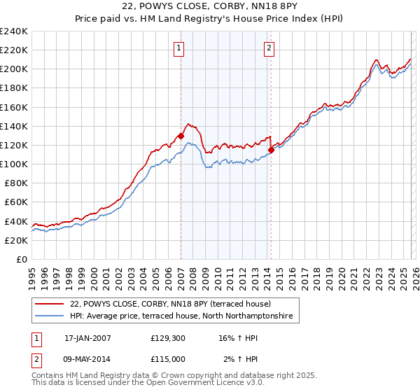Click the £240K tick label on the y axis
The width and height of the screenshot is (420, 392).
click(14, 31)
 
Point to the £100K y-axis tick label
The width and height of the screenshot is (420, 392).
click(14, 164)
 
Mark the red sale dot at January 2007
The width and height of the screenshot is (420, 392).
click(181, 136)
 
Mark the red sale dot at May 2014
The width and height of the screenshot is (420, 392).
click(271, 149)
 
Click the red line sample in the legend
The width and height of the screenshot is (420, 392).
click(50, 304)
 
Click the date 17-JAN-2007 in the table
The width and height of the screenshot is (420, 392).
click(87, 337)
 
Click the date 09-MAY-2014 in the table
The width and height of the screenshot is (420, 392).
click(87, 358)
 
